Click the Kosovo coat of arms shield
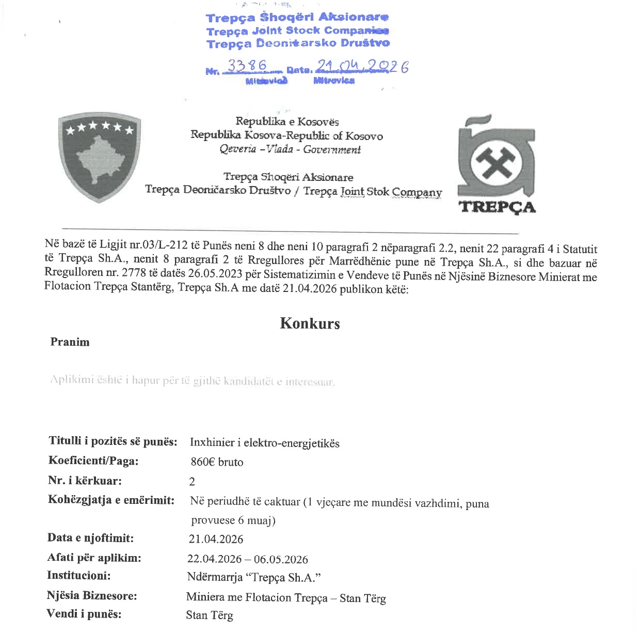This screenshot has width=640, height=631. click(99, 157)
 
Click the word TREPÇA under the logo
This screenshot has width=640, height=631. click(497, 207)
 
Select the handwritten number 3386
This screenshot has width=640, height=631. click(247, 66)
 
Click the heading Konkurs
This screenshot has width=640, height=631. click(310, 324)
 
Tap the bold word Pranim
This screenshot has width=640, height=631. click(70, 342)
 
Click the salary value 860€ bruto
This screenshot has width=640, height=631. click(217, 462)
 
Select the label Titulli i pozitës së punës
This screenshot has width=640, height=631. click(113, 441)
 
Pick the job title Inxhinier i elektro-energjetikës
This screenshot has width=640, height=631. click(264, 443)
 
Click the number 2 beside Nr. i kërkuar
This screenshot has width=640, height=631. click(192, 482)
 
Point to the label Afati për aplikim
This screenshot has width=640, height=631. click(94, 558)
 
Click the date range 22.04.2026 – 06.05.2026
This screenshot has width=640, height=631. click(247, 559)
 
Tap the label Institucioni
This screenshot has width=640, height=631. click(78, 576)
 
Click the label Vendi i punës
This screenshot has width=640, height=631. click(84, 614)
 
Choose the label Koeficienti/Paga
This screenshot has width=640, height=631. click(93, 461)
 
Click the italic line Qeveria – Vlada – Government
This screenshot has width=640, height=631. click(290, 150)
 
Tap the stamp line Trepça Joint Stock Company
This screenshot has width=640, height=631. click(297, 31)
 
